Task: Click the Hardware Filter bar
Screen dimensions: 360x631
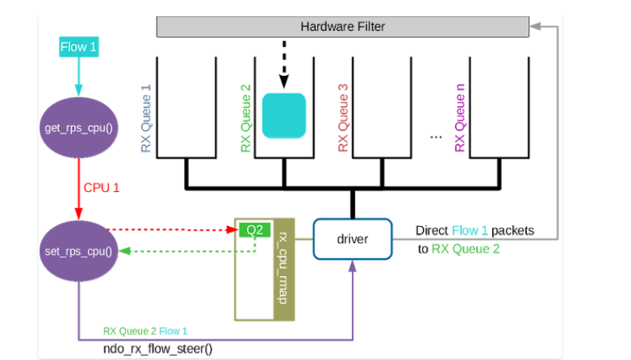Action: coord(342,26)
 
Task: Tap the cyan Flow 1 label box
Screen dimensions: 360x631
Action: coord(78,48)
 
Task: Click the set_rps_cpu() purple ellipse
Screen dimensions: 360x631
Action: coord(78,250)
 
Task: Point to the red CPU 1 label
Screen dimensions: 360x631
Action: coord(102,188)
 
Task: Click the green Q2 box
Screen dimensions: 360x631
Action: coord(254,230)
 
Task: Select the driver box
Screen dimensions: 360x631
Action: coord(352,240)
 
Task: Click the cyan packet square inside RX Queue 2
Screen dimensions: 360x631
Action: coord(284,116)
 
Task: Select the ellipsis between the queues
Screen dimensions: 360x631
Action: coord(436,136)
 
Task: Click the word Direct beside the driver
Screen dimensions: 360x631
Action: coord(433,231)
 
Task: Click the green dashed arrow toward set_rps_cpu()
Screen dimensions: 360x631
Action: coord(186,251)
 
